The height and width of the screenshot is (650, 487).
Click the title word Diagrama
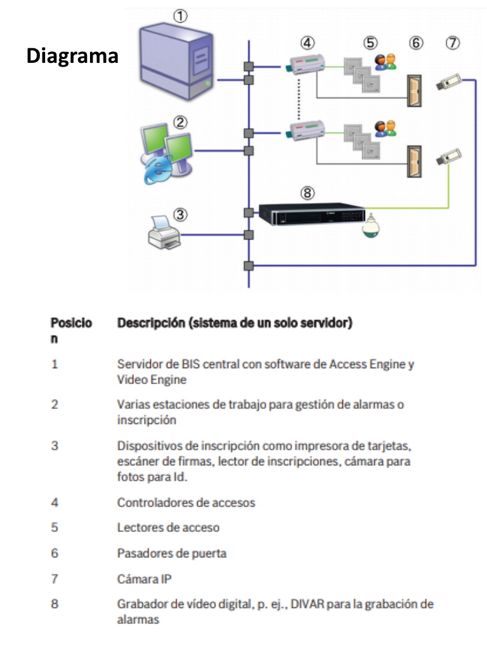tap(72, 56)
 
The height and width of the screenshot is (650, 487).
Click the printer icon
tap(164, 232)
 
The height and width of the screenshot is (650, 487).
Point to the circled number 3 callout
tap(181, 215)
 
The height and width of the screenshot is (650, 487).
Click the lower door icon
tap(414, 162)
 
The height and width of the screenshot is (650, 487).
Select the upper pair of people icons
tap(385, 62)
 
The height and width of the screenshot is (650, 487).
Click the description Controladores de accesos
tap(186, 502)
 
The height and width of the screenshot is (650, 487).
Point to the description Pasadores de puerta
tap(171, 553)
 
